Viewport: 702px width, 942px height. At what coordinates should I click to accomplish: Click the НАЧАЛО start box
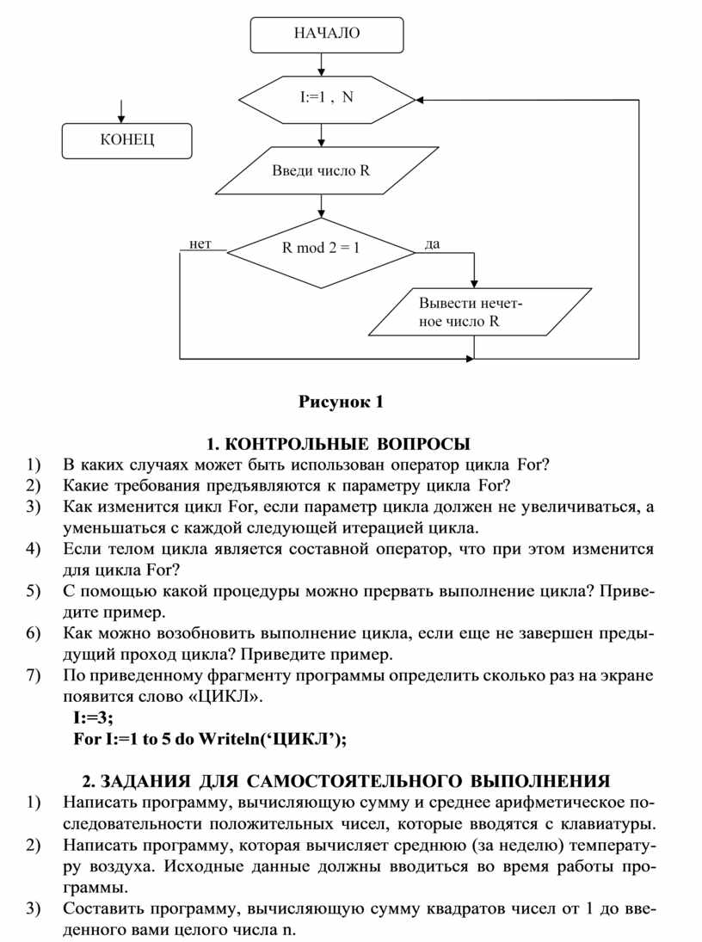pyautogui.click(x=327, y=34)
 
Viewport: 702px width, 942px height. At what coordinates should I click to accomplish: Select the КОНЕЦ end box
pyautogui.click(x=126, y=140)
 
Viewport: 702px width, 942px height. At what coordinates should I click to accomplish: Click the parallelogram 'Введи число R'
pyautogui.click(x=320, y=170)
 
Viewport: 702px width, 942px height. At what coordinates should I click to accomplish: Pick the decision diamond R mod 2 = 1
pyautogui.click(x=321, y=249)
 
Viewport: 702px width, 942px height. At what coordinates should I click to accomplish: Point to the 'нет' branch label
pyautogui.click(x=200, y=243)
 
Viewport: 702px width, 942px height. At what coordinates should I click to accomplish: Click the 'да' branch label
pyautogui.click(x=432, y=244)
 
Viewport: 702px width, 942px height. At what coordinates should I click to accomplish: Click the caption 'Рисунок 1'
pyautogui.click(x=338, y=402)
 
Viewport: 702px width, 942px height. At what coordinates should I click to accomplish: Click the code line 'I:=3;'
pyautogui.click(x=93, y=717)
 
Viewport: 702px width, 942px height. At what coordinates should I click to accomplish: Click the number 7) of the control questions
pyautogui.click(x=33, y=675)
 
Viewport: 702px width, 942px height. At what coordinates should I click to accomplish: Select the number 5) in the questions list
pyautogui.click(x=33, y=591)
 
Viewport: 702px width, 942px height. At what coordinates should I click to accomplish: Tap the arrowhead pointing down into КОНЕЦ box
pyautogui.click(x=120, y=119)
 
